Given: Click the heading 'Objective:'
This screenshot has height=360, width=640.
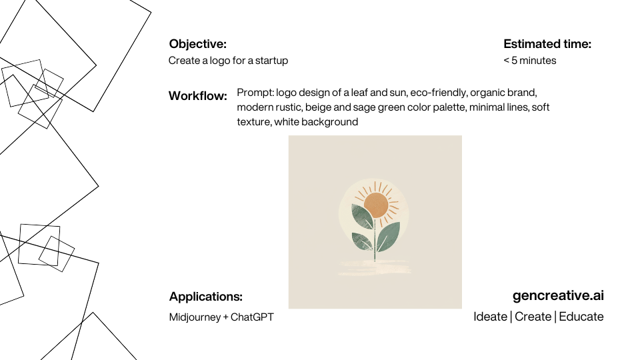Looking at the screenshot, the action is pyautogui.click(x=197, y=44).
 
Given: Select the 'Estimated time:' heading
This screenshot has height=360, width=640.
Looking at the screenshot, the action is pyautogui.click(x=547, y=44).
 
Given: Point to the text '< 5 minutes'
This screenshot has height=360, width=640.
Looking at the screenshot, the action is pyautogui.click(x=530, y=61).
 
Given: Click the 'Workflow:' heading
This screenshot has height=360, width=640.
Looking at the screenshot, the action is pyautogui.click(x=197, y=96).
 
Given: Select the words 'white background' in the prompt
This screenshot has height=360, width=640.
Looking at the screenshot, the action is pyautogui.click(x=316, y=122).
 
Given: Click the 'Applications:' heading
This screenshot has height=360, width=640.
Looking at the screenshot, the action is pyautogui.click(x=206, y=296).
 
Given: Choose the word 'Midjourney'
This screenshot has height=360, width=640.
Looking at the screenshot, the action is pyautogui.click(x=195, y=317).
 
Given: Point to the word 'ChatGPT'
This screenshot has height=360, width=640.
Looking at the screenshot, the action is pyautogui.click(x=252, y=317).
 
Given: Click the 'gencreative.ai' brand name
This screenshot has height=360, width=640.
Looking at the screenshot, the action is pyautogui.click(x=558, y=295).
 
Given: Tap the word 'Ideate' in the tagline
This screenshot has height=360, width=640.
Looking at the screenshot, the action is pyautogui.click(x=490, y=317).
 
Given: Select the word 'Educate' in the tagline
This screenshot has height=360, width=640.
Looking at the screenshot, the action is pyautogui.click(x=581, y=317).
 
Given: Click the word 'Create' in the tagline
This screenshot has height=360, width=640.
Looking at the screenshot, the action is pyautogui.click(x=533, y=317).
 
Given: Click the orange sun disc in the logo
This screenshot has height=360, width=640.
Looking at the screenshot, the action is pyautogui.click(x=375, y=205).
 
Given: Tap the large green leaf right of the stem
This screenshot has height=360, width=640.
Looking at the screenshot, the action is pyautogui.click(x=388, y=236).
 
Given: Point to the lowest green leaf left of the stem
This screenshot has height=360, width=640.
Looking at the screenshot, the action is pyautogui.click(x=363, y=241).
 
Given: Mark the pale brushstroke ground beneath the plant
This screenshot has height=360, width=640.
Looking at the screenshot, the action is pyautogui.click(x=374, y=267).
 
